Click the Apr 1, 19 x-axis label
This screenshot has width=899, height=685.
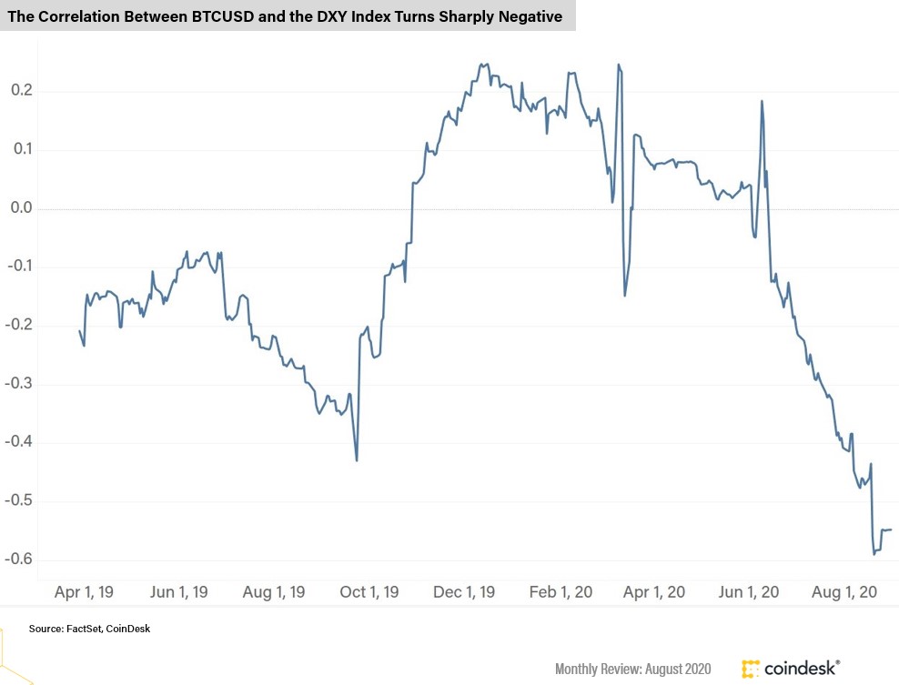(84, 592)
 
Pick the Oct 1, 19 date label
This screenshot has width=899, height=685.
(369, 592)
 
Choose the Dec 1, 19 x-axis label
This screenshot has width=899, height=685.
(465, 592)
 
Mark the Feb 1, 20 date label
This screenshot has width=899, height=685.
(561, 592)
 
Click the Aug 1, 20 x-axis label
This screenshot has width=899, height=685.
(844, 592)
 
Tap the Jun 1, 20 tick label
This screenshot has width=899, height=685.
(748, 592)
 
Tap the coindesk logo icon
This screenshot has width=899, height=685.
(751, 669)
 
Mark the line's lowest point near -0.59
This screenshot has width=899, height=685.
(874, 553)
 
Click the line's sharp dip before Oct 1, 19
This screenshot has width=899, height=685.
(357, 460)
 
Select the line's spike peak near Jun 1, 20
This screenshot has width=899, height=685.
(762, 101)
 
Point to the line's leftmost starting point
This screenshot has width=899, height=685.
(79, 330)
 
